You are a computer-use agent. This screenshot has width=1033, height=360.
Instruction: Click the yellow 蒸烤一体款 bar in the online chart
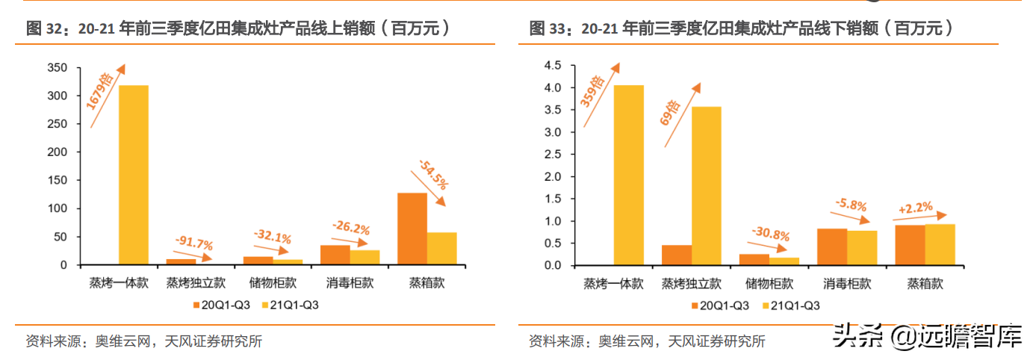[x=134, y=176]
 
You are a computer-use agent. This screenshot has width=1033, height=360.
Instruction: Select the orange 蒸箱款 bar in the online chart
[x=412, y=229]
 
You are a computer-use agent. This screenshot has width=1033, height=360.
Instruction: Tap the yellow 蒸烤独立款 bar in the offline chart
[x=707, y=186]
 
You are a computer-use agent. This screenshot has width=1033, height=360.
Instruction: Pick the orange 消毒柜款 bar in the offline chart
[x=831, y=247]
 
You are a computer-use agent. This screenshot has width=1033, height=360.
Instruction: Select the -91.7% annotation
[x=193, y=243]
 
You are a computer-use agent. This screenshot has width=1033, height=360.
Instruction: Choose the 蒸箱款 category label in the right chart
[x=925, y=283]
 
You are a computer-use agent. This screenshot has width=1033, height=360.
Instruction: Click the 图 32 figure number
[x=43, y=29]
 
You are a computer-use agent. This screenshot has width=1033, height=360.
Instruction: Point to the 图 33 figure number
[x=546, y=29]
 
